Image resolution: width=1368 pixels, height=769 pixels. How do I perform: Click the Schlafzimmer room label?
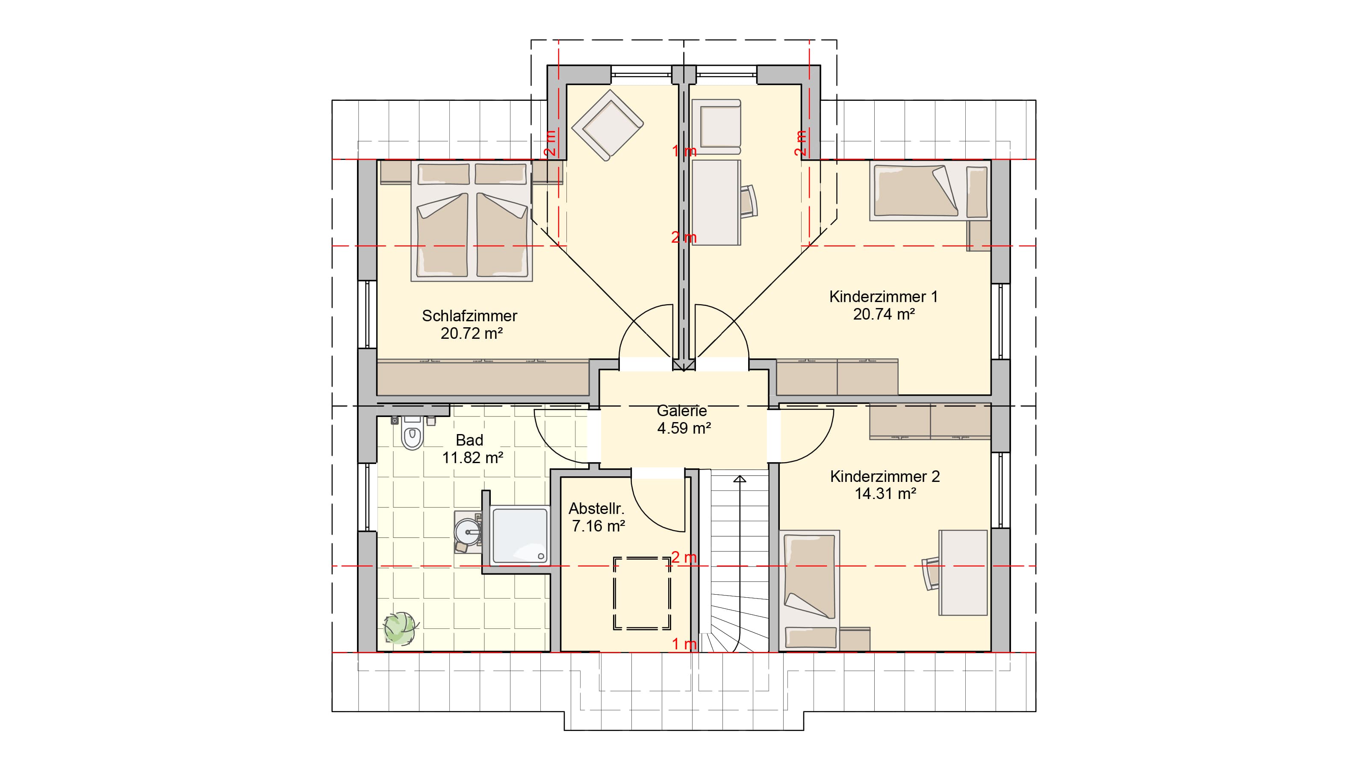pyautogui.click(x=469, y=316)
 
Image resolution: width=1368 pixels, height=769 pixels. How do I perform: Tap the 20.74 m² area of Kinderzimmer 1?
pyautogui.click(x=884, y=314)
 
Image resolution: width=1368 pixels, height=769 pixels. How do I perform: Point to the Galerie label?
pyautogui.click(x=682, y=410)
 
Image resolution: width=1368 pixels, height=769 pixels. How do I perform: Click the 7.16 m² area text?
pyautogui.click(x=598, y=526)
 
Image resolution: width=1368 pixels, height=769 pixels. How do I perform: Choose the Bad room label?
pyautogui.click(x=469, y=440)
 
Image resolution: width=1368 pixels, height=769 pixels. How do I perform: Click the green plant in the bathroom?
pyautogui.click(x=401, y=628)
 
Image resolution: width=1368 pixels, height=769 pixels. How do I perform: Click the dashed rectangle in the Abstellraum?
pyautogui.click(x=642, y=593)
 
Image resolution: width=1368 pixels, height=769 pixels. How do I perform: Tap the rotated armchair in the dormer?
pyautogui.click(x=607, y=125)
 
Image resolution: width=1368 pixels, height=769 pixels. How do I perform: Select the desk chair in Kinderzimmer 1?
pyautogui.click(x=749, y=202)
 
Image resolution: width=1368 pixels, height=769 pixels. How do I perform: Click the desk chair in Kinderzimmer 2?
pyautogui.click(x=932, y=573)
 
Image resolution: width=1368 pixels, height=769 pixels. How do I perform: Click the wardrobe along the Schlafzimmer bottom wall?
pyautogui.click(x=483, y=378)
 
